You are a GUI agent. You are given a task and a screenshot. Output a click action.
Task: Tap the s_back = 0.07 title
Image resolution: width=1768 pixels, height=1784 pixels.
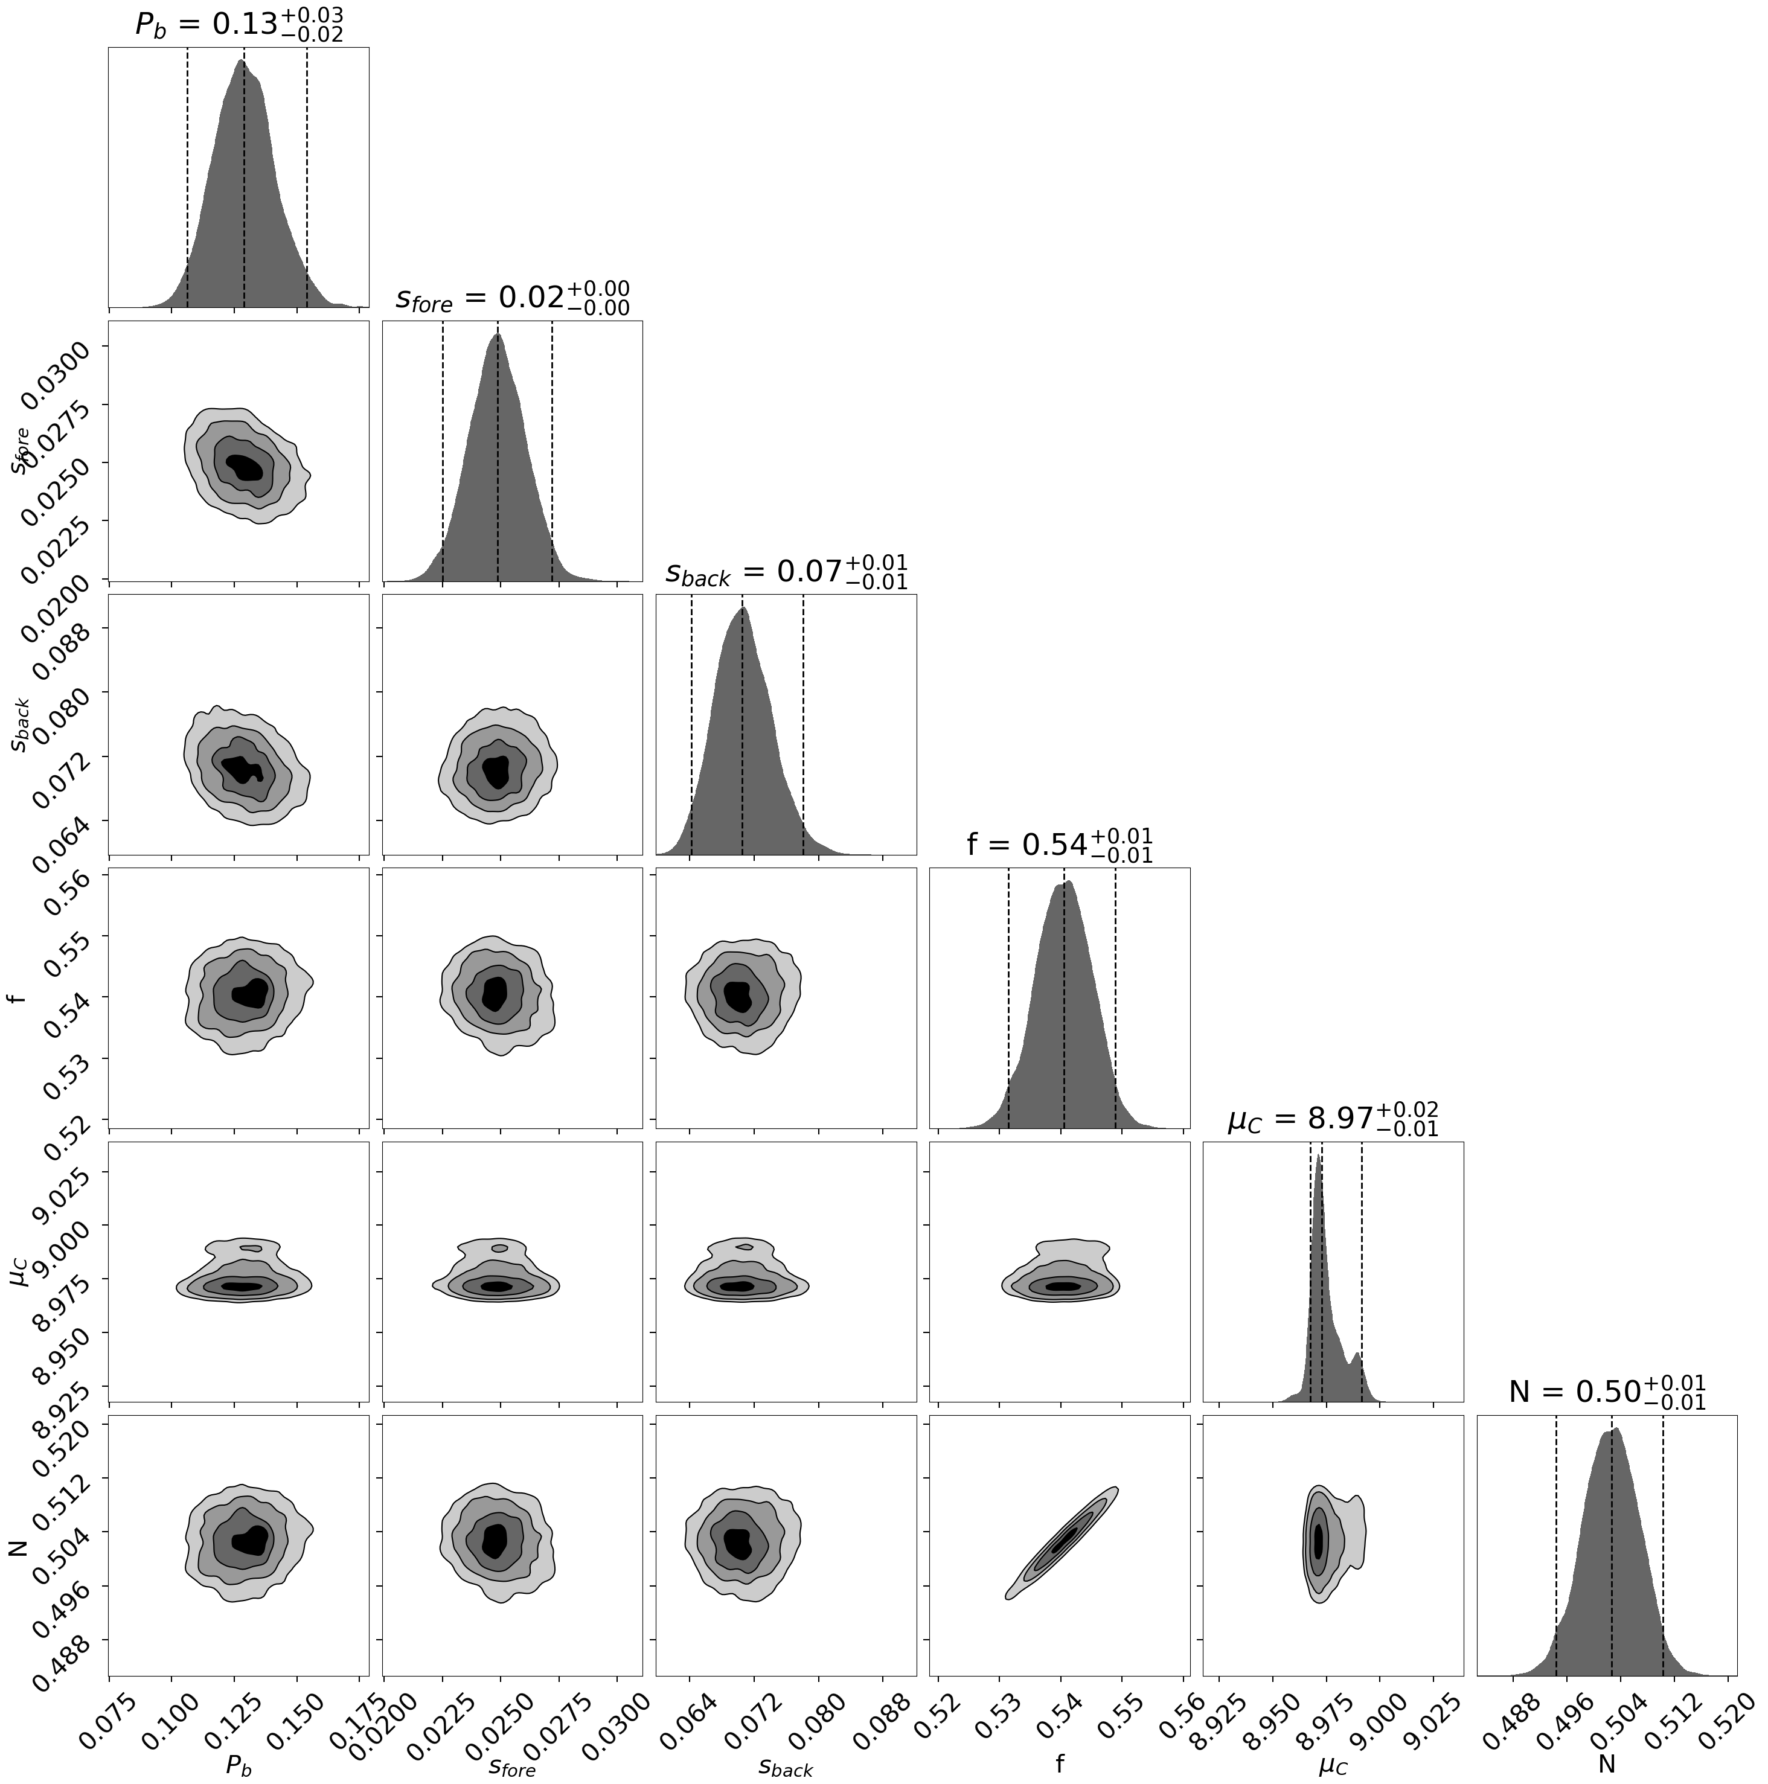coord(786,572)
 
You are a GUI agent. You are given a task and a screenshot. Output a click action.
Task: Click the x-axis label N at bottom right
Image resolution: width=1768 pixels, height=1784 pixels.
coord(1607,1765)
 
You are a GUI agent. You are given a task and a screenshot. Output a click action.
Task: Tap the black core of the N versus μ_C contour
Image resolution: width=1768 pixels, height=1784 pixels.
coord(1318,1540)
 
